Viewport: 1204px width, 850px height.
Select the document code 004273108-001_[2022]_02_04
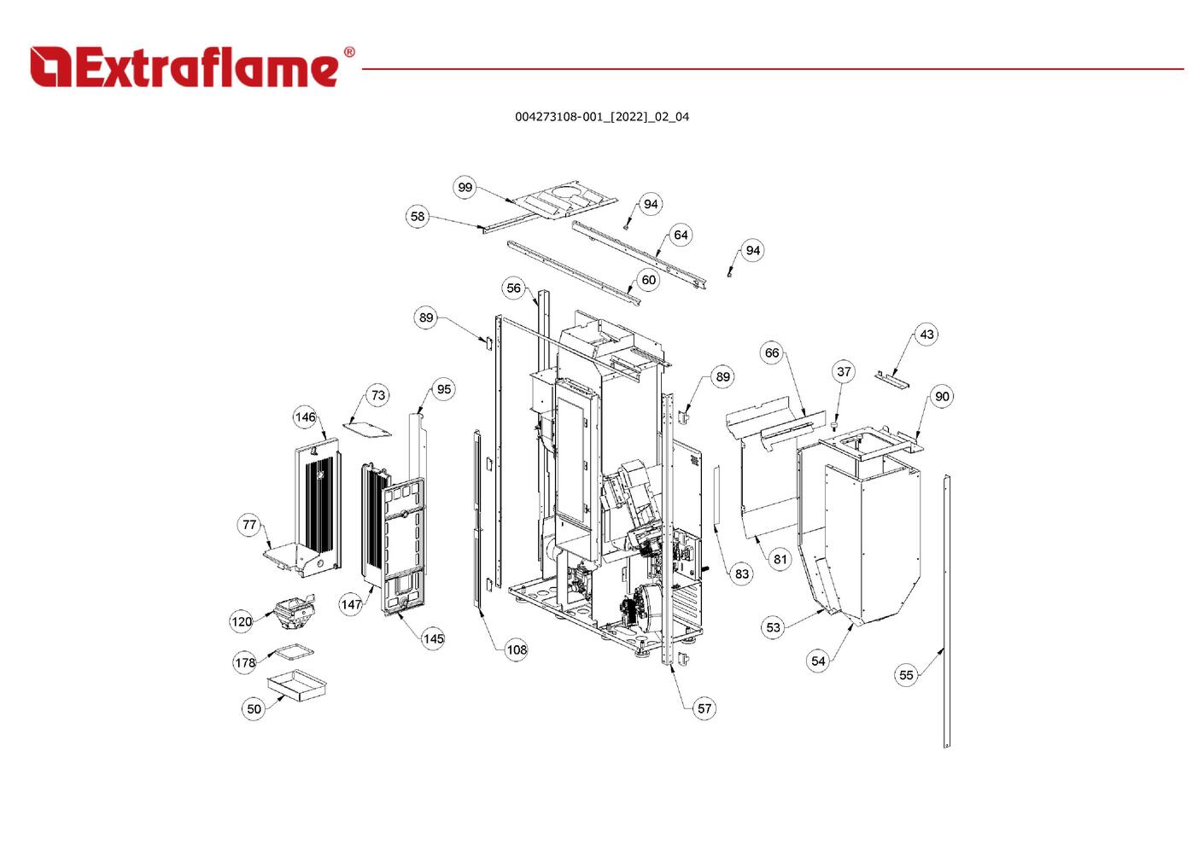click(601, 117)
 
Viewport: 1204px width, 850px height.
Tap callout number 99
click(465, 188)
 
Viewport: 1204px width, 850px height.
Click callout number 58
click(417, 217)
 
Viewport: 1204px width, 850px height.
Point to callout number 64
click(681, 236)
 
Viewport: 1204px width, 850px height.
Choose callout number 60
click(649, 280)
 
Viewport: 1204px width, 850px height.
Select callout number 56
click(513, 288)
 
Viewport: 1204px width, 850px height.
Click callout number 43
click(926, 335)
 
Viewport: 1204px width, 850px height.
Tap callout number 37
click(844, 372)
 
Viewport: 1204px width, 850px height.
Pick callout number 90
click(942, 397)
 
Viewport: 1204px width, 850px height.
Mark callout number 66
click(772, 353)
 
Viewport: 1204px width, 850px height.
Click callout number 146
click(305, 417)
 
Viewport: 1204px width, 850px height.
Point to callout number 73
click(378, 395)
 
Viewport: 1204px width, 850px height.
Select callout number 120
click(242, 621)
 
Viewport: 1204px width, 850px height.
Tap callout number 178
click(245, 663)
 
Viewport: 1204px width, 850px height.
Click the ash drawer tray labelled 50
click(297, 685)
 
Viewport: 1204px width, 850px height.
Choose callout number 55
click(906, 675)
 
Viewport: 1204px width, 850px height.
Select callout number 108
click(517, 650)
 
